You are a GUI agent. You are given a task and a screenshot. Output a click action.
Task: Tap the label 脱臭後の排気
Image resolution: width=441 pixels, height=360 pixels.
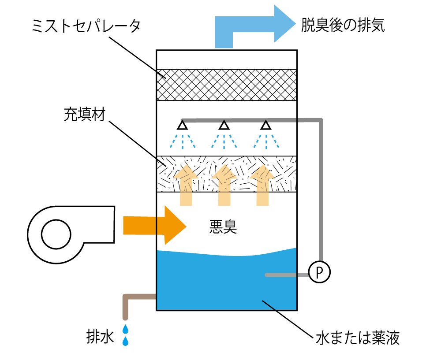[343, 25]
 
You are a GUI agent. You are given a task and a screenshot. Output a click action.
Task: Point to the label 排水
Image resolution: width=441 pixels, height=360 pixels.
[101, 337]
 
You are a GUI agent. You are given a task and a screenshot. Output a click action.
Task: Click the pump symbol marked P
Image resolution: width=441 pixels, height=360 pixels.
[319, 272]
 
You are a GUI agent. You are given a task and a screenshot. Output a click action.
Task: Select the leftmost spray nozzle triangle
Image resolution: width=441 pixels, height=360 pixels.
[182, 125]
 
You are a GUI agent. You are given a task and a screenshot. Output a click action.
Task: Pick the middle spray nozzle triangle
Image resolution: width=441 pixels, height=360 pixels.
[224, 125]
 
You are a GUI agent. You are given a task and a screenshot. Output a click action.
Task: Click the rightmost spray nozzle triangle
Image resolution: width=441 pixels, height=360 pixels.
[265, 125]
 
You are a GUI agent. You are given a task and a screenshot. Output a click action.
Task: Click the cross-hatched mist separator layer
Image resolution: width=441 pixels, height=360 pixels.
[227, 85]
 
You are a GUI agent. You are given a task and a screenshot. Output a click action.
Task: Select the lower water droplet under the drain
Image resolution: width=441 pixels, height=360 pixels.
[126, 341]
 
